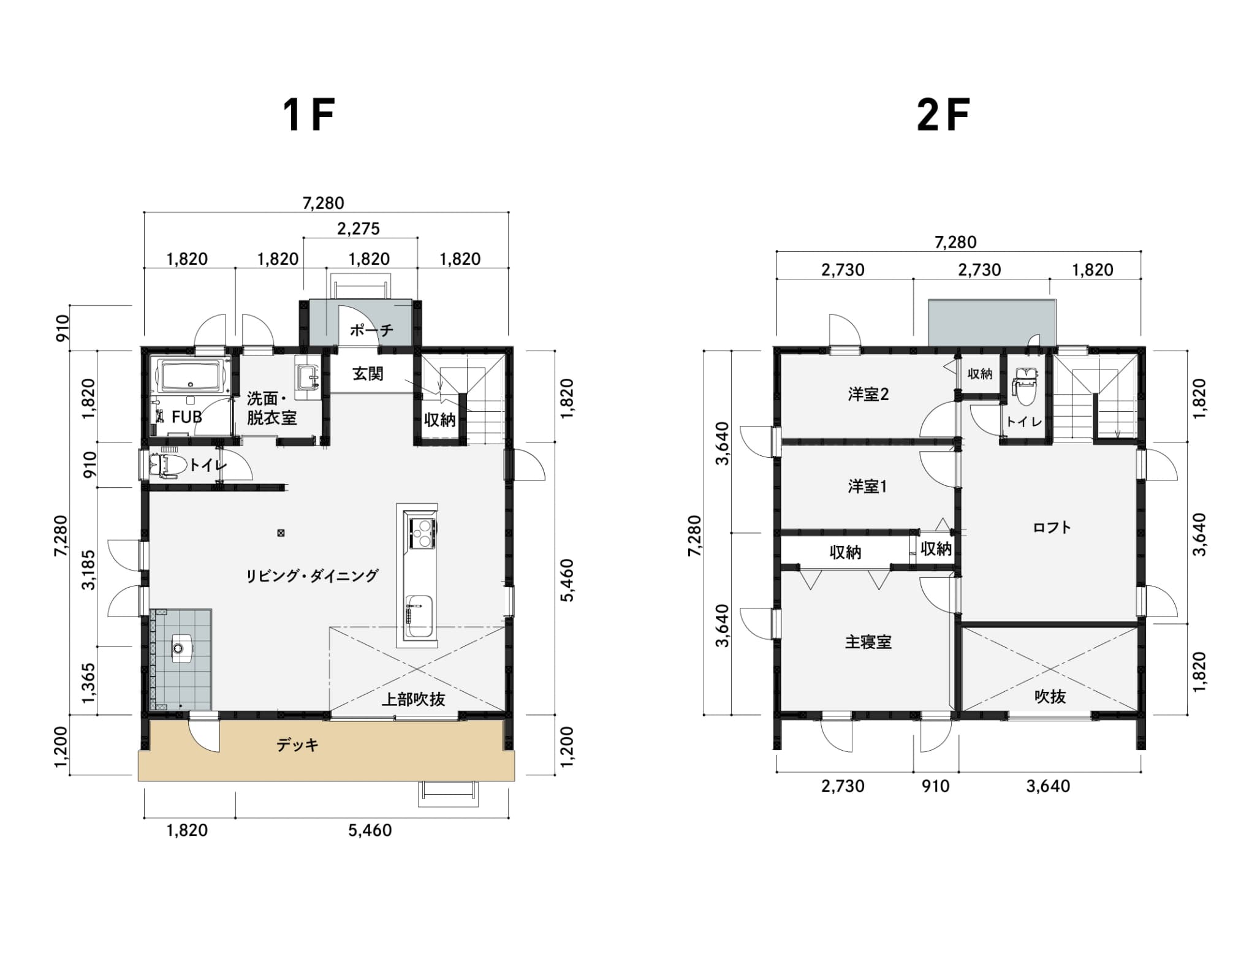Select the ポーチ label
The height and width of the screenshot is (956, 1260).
371,330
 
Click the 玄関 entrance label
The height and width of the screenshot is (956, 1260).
368,373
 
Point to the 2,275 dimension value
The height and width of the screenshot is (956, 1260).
359,229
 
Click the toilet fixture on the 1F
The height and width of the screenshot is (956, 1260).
167,465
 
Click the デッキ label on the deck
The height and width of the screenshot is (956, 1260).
298,745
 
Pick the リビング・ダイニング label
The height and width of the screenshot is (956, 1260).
312,575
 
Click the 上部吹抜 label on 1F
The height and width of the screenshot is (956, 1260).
413,699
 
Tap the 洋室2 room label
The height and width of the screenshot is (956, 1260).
868,394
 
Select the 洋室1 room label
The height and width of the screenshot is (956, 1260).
867,487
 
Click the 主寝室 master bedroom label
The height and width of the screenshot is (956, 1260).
868,642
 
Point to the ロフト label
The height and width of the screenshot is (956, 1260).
1052,528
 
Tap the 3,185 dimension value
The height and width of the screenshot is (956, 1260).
89,570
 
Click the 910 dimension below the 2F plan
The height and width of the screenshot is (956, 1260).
936,786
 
